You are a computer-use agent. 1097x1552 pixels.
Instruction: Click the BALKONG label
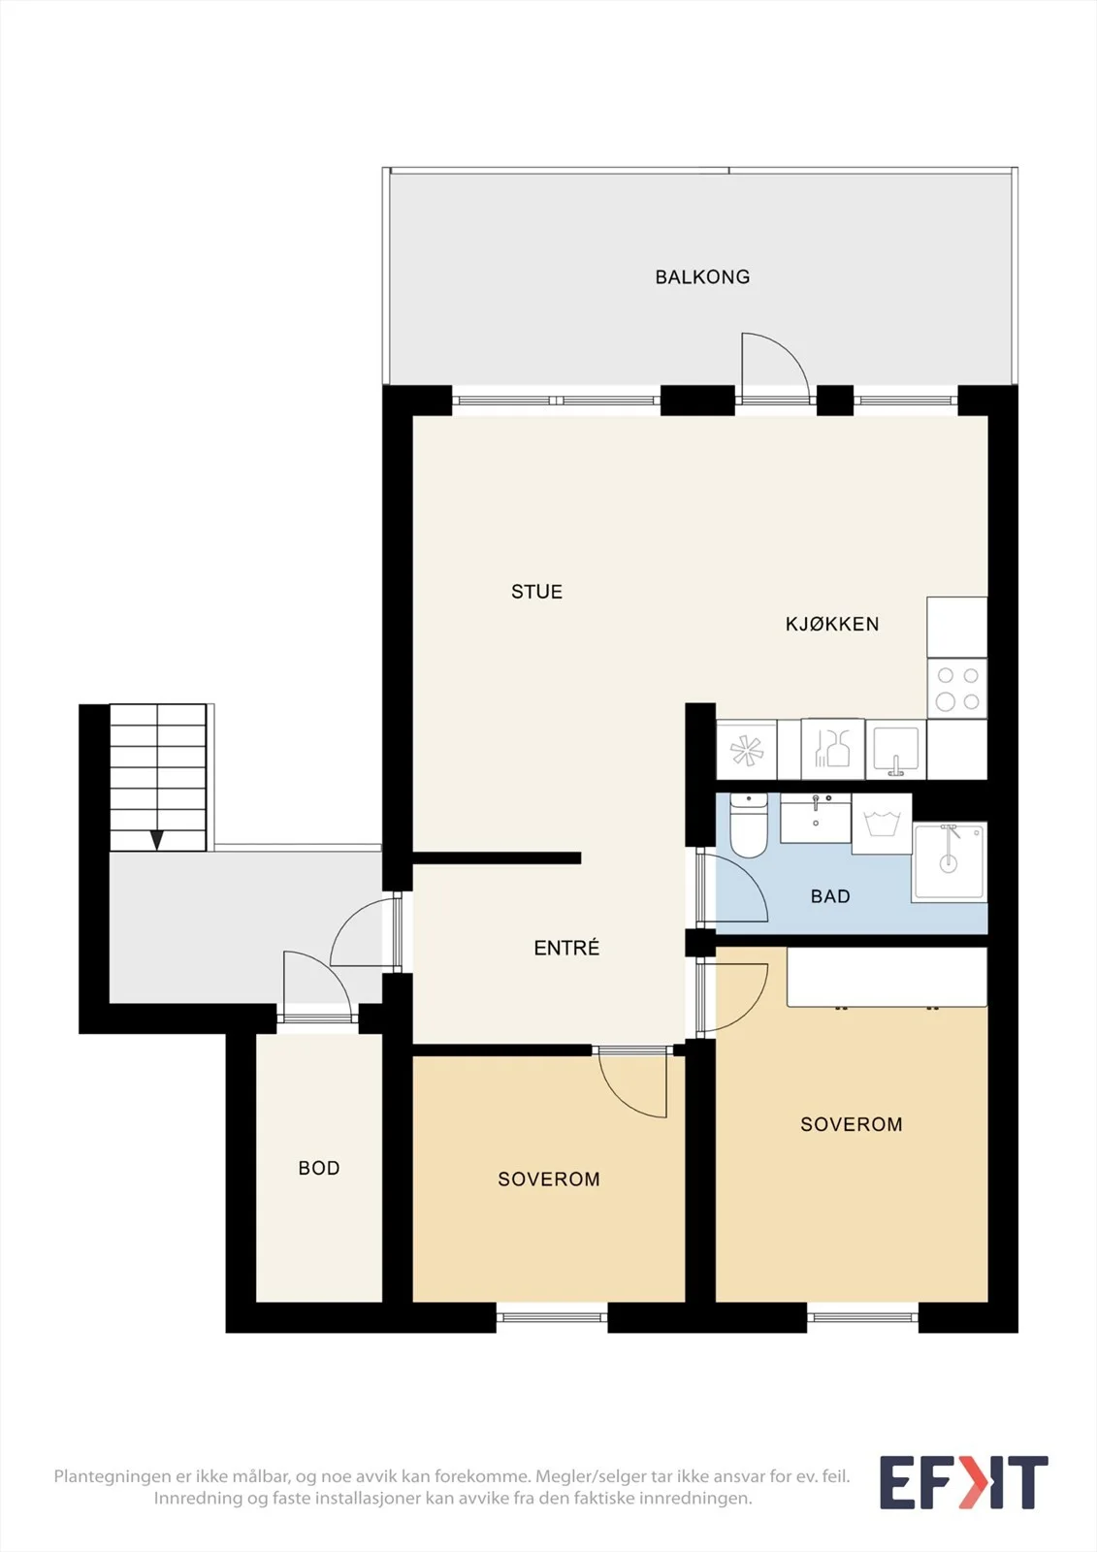(x=702, y=277)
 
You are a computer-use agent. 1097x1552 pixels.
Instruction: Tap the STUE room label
(x=536, y=592)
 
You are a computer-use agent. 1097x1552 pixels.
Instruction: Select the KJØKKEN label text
(x=831, y=625)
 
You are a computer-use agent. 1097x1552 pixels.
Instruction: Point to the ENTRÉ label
(x=566, y=948)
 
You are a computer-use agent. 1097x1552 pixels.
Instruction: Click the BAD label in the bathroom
(x=830, y=896)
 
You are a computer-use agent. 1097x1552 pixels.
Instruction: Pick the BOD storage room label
(x=319, y=1168)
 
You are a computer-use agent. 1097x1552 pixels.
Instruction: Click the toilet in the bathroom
(x=749, y=824)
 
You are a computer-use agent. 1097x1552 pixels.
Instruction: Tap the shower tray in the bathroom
(x=950, y=862)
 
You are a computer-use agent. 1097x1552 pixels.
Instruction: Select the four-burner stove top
(x=957, y=688)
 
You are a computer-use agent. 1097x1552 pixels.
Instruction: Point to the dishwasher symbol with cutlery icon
(x=832, y=750)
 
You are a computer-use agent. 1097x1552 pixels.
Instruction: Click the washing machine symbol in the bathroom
(x=882, y=824)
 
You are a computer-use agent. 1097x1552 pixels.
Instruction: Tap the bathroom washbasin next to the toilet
(x=816, y=819)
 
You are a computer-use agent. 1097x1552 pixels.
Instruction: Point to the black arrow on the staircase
(x=157, y=840)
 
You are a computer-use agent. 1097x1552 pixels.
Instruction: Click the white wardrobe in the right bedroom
(x=887, y=978)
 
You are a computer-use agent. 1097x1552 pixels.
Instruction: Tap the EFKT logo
(x=963, y=1483)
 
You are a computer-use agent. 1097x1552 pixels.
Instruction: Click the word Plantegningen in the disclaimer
(x=113, y=1476)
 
